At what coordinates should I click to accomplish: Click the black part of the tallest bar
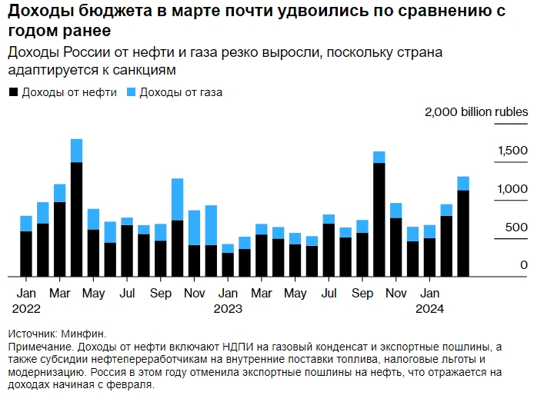coord(77,219)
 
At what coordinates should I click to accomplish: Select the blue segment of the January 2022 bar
coord(26,223)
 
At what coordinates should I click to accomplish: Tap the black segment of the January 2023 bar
coord(228,264)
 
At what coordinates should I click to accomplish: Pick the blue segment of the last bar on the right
coord(463,183)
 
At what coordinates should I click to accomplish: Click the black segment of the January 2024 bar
coord(429,257)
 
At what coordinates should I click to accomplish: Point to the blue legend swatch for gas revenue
coord(130,92)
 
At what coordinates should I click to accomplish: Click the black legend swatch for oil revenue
coord(13,92)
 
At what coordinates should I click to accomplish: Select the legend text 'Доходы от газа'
coord(180,92)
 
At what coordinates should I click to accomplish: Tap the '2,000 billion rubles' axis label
coord(476,111)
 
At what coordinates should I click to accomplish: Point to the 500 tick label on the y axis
coord(516,227)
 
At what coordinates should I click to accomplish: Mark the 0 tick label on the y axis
coord(523,264)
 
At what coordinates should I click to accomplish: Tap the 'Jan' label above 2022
coord(26,294)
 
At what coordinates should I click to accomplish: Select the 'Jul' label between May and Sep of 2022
coord(128,294)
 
